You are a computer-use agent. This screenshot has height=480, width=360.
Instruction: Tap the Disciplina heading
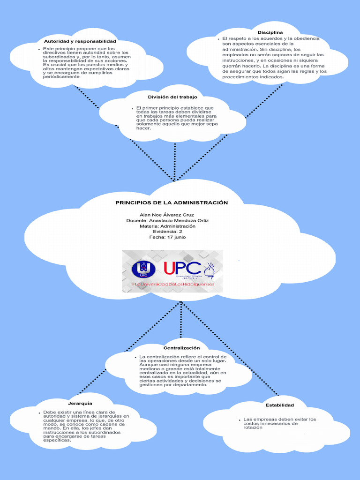coord(270,31)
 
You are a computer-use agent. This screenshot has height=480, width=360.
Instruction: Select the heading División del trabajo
coord(169,97)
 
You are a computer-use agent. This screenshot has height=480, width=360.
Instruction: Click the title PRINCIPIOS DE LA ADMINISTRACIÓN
coord(172,202)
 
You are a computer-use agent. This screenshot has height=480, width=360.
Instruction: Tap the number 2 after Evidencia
coord(180,232)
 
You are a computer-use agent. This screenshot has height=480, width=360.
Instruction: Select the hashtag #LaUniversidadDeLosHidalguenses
coord(172,285)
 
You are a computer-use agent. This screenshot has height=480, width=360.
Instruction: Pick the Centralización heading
coord(181,348)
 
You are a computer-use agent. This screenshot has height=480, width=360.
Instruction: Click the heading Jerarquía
coord(80,403)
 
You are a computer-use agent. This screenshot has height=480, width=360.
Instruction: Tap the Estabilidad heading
coord(279,405)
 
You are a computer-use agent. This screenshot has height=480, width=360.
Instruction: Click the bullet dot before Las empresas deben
coord(240,419)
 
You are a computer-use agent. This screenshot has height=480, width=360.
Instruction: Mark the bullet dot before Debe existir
coord(39,412)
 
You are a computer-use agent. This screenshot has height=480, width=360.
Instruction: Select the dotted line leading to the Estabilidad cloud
coord(234,352)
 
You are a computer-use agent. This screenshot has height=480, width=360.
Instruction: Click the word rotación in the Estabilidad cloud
coord(253,428)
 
